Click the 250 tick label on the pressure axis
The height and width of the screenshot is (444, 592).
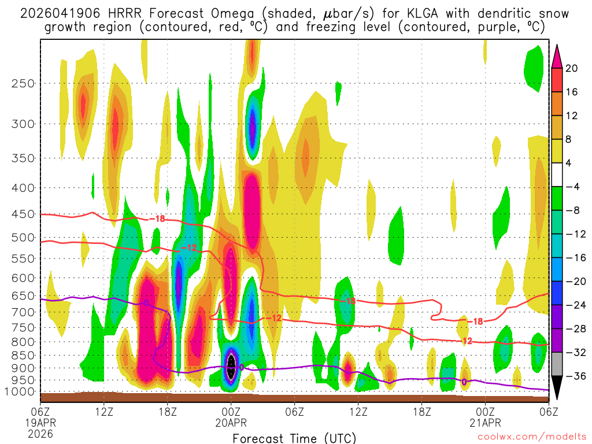coord(23,83)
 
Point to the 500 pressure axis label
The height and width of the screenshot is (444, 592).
coord(23,237)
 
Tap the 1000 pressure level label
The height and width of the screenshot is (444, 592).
coord(20,392)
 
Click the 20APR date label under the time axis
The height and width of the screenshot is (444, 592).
coord(231,422)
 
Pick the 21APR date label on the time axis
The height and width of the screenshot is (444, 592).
coord(486,422)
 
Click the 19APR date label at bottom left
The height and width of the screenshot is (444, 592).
coord(40,422)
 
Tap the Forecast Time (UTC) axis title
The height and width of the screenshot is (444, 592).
coord(294,438)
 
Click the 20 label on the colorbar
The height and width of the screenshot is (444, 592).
coord(572,68)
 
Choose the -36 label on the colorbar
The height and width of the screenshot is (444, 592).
coord(572,376)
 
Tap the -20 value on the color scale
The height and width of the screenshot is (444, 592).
coord(572,282)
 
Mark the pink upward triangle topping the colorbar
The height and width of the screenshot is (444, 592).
coord(557,55)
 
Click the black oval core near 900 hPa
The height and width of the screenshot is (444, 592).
coord(231,366)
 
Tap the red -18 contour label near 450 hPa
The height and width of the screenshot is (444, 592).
coord(157,219)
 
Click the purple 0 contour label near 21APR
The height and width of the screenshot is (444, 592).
coord(464,382)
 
